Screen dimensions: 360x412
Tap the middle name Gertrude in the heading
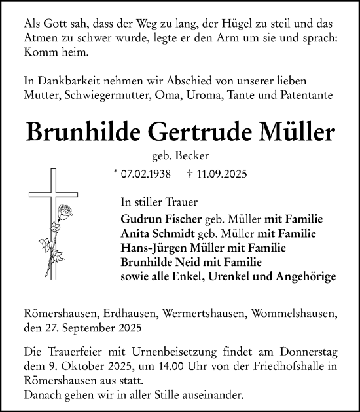[x=190, y=132]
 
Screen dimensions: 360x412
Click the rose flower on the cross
[x=65, y=213]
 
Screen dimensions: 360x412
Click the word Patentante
[x=308, y=94]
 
